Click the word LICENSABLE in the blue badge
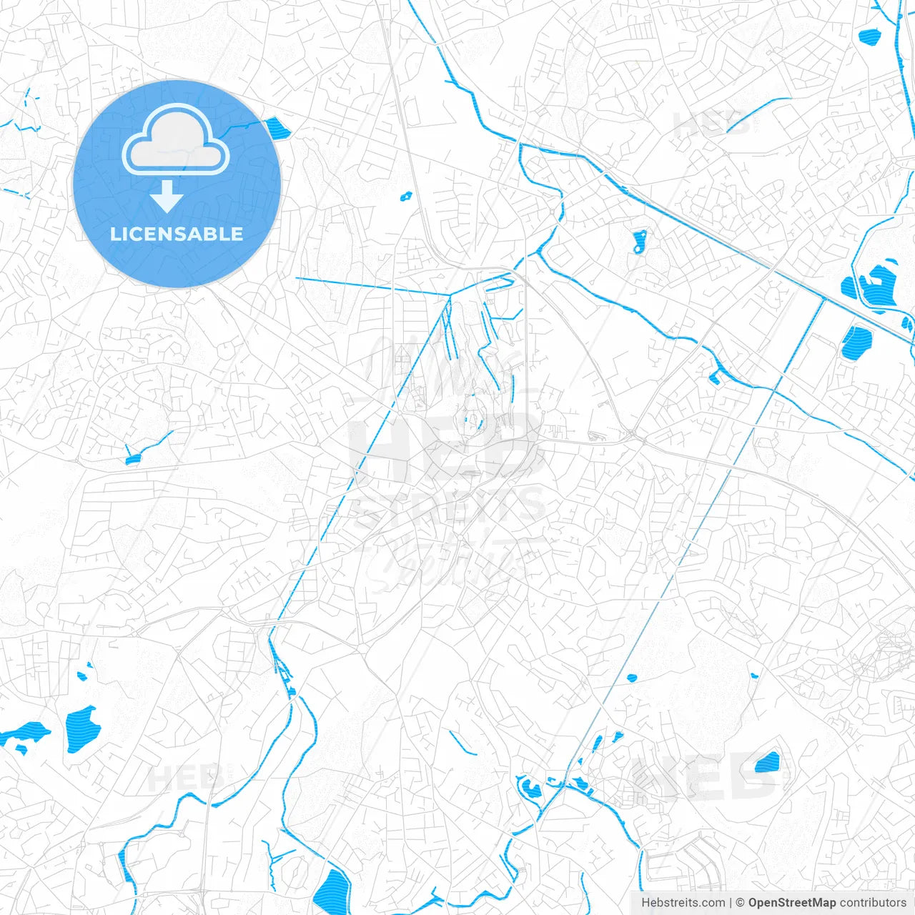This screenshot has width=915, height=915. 177,234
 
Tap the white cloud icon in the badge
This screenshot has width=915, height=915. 176,140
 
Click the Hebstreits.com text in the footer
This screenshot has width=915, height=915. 683,903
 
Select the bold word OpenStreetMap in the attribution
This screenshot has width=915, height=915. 791,903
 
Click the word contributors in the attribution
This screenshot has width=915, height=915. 873,903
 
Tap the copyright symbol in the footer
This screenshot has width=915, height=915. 740,903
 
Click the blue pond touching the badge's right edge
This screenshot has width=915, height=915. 277,129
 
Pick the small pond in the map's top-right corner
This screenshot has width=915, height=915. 869,35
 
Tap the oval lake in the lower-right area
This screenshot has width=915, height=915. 767,763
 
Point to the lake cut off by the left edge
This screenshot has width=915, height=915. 23,734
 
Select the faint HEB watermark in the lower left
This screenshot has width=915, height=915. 184,778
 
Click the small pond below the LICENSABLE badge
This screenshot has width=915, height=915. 132,459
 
